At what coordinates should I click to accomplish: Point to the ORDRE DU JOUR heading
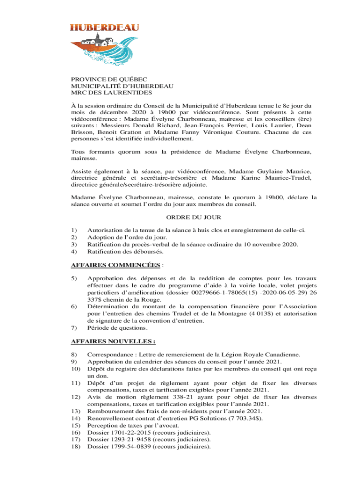click(194, 218)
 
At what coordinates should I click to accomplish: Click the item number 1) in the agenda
click(73, 230)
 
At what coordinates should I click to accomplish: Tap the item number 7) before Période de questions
click(73, 328)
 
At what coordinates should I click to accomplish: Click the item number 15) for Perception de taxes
click(75, 425)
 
